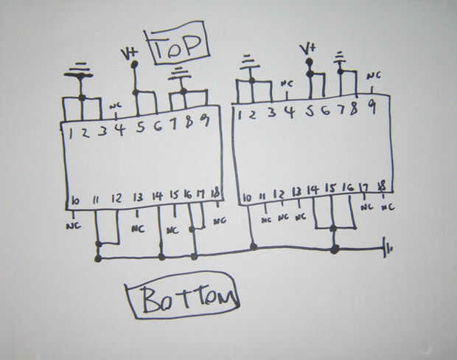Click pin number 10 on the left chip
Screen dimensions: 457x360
pos(75,200)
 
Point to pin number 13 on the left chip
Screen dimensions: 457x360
pos(138,198)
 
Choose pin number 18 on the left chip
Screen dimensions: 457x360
pos(215,193)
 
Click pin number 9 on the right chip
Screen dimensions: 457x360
pos(372,105)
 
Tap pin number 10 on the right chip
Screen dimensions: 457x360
pos(247,197)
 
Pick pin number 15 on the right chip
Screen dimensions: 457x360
pos(330,190)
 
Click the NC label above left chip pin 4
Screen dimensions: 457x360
pos(116,106)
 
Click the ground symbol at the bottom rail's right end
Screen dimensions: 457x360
pos(387,249)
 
